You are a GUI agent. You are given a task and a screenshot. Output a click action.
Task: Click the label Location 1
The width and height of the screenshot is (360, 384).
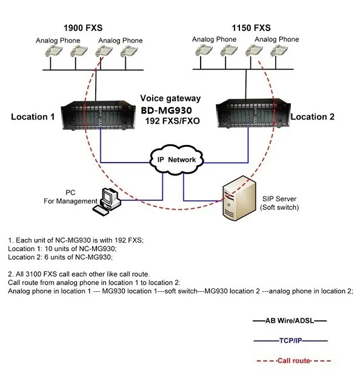tap(33, 116)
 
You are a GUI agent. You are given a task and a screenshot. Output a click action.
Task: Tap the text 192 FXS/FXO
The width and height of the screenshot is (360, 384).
tap(173, 121)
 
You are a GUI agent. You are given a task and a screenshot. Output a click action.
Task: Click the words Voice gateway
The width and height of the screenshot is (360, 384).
tap(170, 98)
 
